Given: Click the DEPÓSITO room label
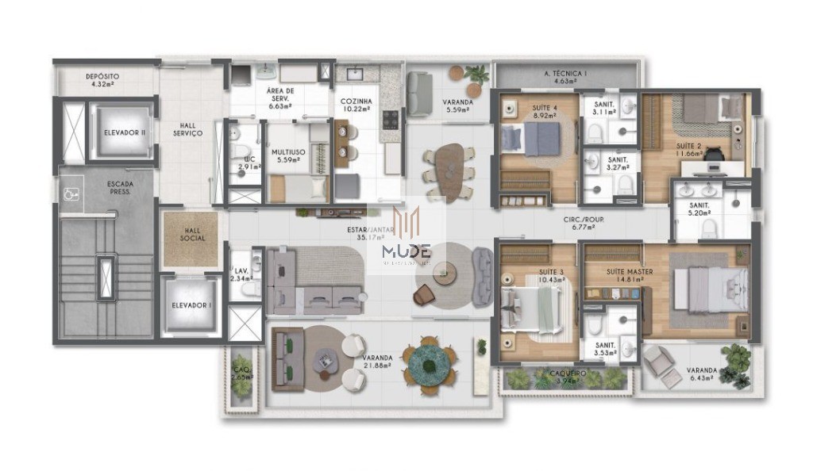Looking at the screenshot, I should (x=102, y=77).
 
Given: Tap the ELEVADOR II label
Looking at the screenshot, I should (x=124, y=133).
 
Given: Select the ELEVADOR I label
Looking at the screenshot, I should (x=191, y=305).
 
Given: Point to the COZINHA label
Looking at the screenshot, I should (x=356, y=101).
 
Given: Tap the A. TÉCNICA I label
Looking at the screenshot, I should (x=565, y=73).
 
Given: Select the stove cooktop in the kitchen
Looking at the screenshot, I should (x=391, y=119).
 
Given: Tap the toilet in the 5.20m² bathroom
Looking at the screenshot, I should (x=709, y=228).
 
